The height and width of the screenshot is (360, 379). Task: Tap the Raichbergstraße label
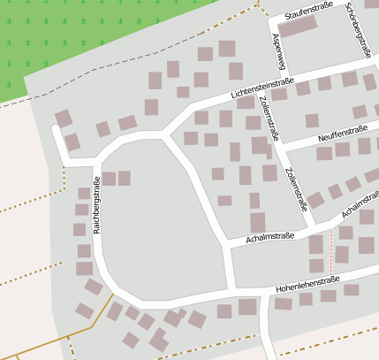[x=96, y=203]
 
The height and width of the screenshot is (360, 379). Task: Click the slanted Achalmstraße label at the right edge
[x=359, y=207]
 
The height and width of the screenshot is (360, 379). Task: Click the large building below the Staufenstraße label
[x=298, y=26]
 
